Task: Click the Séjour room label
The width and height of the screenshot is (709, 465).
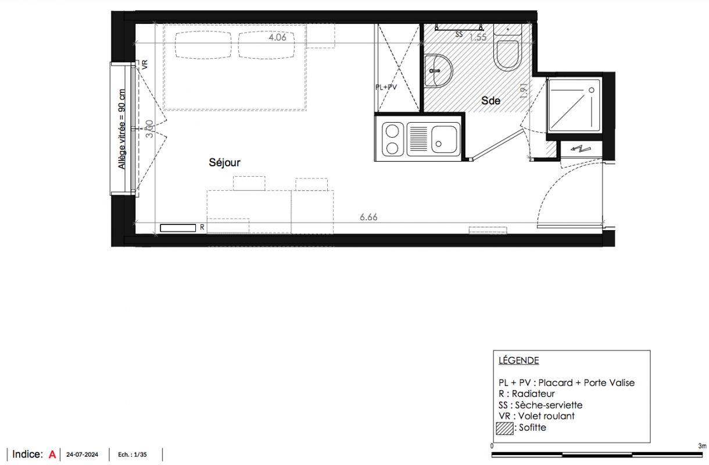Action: click(x=224, y=162)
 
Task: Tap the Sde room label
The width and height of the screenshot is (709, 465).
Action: click(x=490, y=101)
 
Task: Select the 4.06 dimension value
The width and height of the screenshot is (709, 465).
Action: click(x=277, y=37)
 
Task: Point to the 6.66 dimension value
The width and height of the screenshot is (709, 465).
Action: click(x=368, y=217)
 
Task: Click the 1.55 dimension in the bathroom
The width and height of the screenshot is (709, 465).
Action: click(x=478, y=37)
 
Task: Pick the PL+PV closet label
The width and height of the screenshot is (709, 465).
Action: click(x=386, y=87)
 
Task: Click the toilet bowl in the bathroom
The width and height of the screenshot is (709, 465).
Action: click(x=508, y=55)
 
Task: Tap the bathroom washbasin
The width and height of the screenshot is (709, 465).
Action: click(x=438, y=71)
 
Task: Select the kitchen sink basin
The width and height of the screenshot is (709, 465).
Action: click(x=444, y=139)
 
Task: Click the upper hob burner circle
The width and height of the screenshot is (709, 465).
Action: click(x=392, y=131)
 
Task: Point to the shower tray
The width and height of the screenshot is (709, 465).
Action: click(x=574, y=105)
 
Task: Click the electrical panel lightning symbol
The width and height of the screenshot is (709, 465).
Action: click(x=581, y=148)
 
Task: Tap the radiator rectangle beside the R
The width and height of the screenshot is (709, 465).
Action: click(x=178, y=228)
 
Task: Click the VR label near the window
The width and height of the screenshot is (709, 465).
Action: click(x=145, y=65)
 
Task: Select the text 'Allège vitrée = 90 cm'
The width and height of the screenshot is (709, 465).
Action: click(x=122, y=129)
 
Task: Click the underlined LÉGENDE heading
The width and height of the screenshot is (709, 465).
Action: click(x=519, y=360)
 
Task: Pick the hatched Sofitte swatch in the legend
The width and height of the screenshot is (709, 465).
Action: click(x=504, y=428)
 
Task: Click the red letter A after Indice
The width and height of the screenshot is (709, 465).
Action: click(x=52, y=455)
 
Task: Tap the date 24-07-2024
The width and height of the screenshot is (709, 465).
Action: click(x=83, y=455)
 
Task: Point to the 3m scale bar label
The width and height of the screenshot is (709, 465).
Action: click(x=702, y=446)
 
